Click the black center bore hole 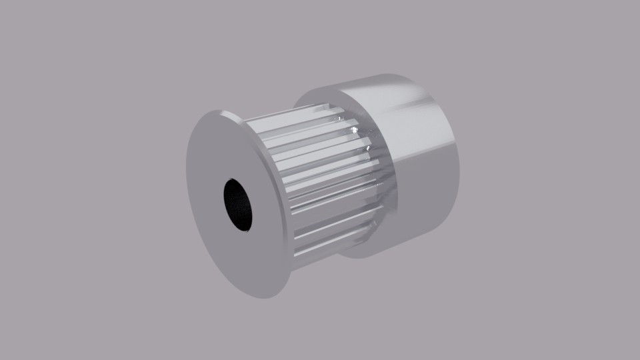[x=237, y=204]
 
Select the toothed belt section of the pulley [x=320, y=180]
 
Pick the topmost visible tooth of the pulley [x=293, y=115]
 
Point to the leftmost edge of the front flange [x=187, y=173]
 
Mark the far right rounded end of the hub [x=459, y=160]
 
